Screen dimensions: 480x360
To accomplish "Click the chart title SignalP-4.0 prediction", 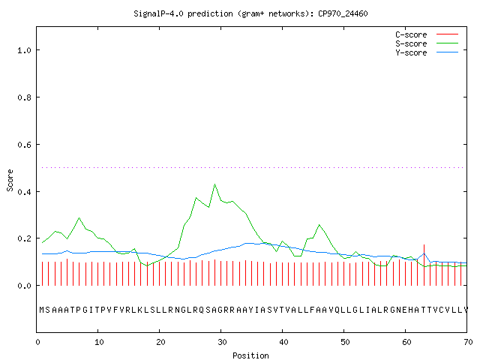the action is tap(183, 13).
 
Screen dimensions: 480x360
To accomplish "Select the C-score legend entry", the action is tap(427, 34).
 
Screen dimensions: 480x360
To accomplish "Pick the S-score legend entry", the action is tap(427, 43).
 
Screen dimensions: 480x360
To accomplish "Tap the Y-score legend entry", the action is tap(427, 52).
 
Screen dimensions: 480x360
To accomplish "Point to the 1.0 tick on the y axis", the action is tap(25, 50).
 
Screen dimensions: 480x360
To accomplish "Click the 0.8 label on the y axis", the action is tap(25, 97).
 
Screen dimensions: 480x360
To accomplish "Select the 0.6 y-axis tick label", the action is tap(25, 145).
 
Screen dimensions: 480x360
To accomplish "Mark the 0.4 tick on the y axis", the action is tap(25, 192).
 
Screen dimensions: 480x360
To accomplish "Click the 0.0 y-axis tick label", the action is tap(25, 286).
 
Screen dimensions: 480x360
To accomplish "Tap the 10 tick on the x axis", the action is tap(99, 342).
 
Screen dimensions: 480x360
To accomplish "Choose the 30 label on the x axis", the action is tap(222, 342).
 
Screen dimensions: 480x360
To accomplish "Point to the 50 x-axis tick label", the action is tap(345, 342).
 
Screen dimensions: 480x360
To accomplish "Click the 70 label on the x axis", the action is tap(468, 342).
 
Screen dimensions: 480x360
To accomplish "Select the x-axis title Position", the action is tap(250, 355).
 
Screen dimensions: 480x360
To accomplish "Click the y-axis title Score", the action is tap(10, 180).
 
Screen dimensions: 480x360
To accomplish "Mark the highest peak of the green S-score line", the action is tap(215, 184).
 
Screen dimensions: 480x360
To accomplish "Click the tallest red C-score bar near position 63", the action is tap(424, 265).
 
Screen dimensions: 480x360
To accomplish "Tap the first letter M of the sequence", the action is tap(42, 310).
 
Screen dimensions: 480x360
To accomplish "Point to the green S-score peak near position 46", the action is tap(319, 225).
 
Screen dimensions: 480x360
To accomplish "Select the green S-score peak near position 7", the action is tap(79, 217).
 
